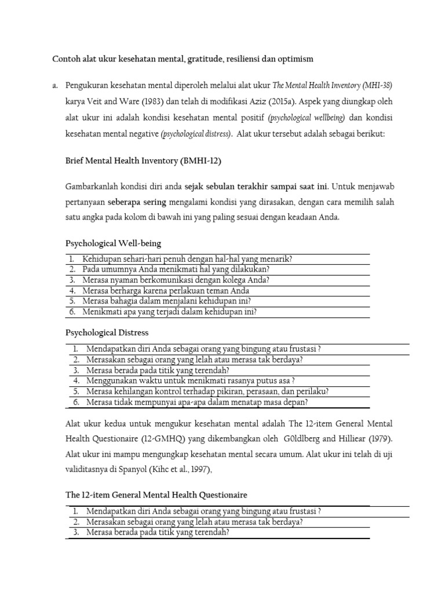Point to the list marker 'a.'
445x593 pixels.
55,86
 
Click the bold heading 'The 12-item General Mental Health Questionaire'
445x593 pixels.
156,495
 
